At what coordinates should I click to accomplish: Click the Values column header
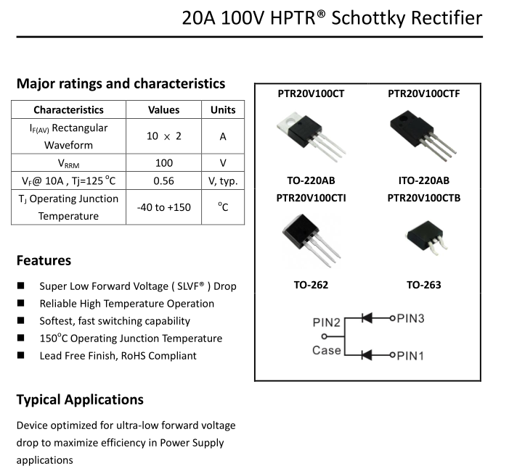point(163,110)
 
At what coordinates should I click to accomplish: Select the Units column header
point(223,110)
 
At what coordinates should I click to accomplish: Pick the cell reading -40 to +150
point(163,207)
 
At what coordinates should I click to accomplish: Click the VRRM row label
point(68,163)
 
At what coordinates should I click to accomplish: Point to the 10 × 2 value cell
point(163,136)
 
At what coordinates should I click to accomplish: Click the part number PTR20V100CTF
point(423,93)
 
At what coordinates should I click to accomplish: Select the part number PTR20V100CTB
point(423,198)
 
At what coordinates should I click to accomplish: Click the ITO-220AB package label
point(423,180)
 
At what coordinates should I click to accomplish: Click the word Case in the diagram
point(326,351)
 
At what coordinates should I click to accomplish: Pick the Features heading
point(44,260)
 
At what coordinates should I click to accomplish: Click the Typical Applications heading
point(80,399)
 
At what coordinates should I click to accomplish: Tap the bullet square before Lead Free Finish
point(21,355)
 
